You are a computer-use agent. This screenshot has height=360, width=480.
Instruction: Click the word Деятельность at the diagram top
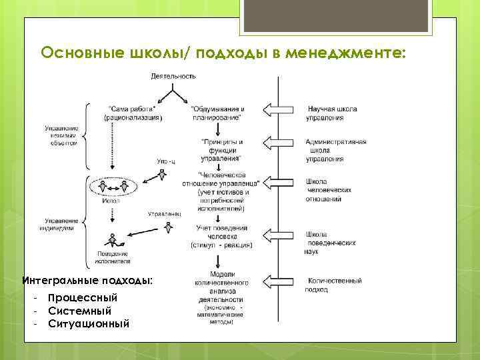pyautogui.click(x=173, y=76)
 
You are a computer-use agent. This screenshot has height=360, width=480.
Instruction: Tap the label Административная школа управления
pyautogui.click(x=335, y=151)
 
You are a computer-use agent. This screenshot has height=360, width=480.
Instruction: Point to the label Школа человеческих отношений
pyautogui.click(x=328, y=189)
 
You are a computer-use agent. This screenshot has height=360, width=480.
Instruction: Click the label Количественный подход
pyautogui.click(x=333, y=285)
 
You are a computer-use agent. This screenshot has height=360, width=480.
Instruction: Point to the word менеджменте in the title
pyautogui.click(x=344, y=52)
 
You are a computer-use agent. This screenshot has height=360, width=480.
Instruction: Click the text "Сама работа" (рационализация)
pyautogui.click(x=133, y=113)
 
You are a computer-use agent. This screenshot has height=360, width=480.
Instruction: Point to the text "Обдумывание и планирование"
pyautogui.click(x=217, y=113)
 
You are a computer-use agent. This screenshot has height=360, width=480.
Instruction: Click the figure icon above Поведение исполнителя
pyautogui.click(x=111, y=239)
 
